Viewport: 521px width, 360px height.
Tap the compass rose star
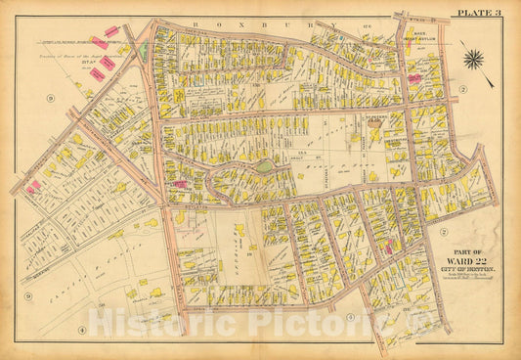click(x=475, y=60)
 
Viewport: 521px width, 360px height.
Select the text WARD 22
click(x=460, y=259)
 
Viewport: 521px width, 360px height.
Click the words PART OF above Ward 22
click(x=459, y=248)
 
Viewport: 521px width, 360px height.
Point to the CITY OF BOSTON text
click(x=460, y=269)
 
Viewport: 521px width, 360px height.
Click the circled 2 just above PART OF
click(x=443, y=232)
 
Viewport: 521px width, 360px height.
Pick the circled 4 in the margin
click(x=83, y=329)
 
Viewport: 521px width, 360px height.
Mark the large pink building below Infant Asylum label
click(x=414, y=77)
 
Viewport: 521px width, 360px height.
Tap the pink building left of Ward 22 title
click(x=389, y=248)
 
